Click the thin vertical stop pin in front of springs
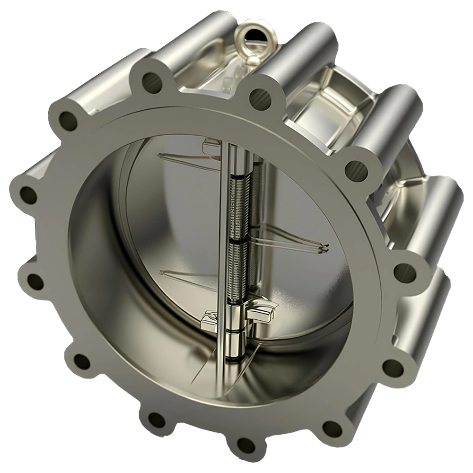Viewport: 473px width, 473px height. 222,236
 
